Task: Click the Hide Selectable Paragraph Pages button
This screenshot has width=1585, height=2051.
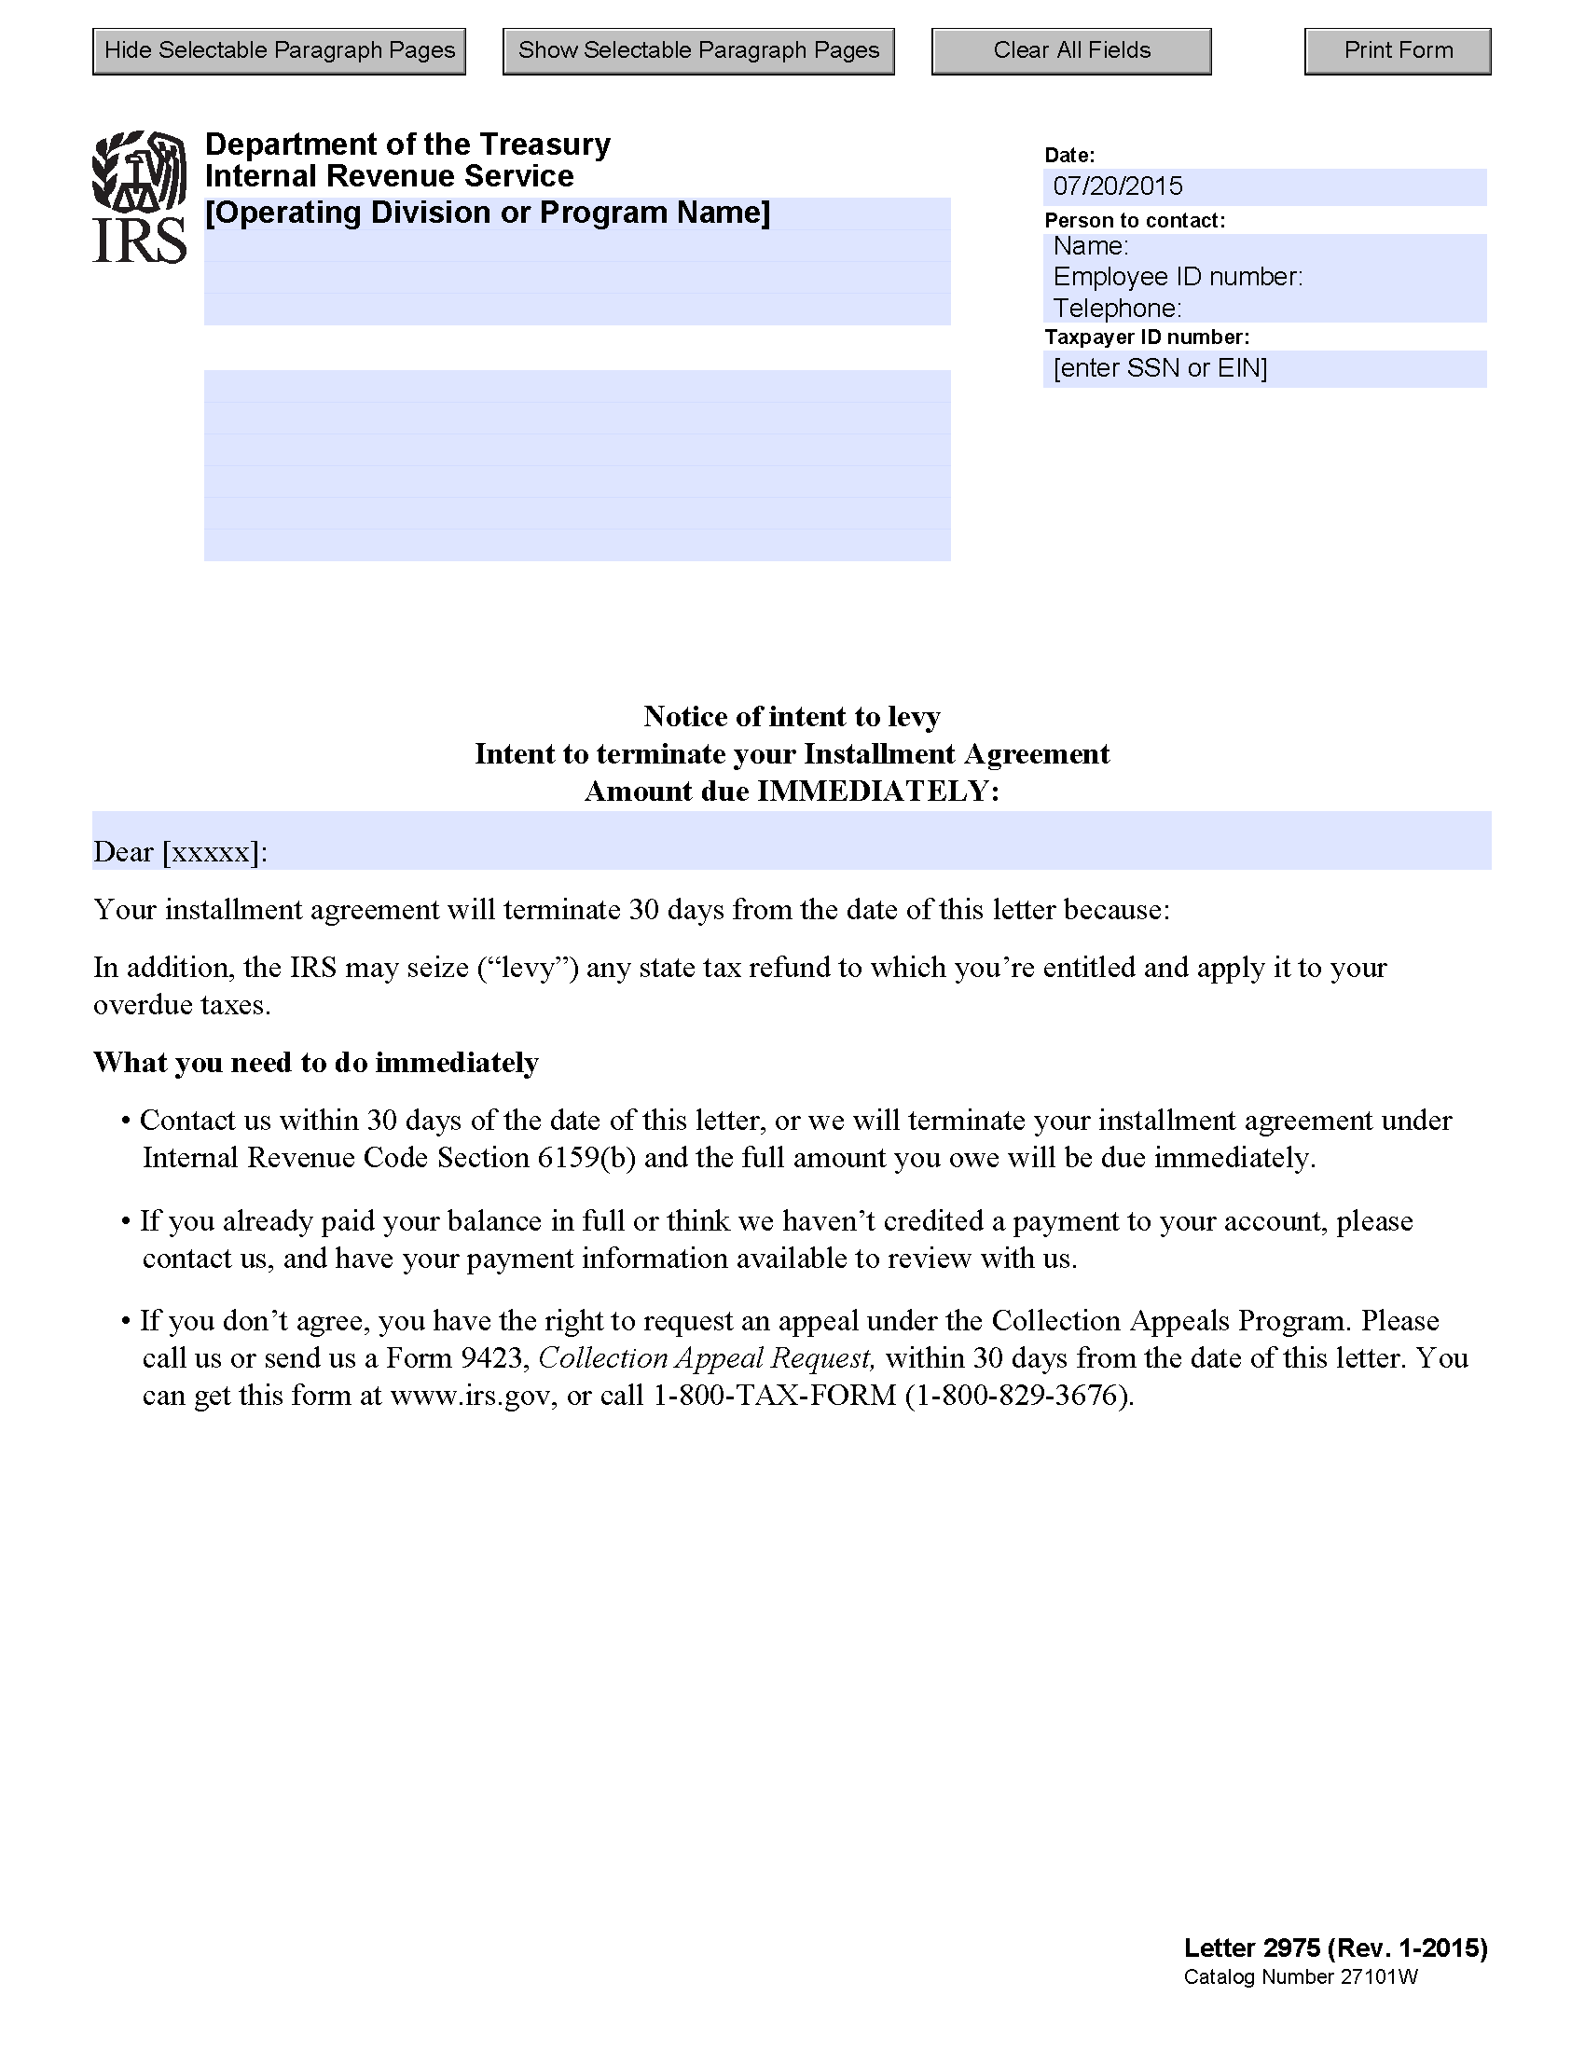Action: (x=279, y=50)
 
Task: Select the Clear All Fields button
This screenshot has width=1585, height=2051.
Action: (x=1070, y=50)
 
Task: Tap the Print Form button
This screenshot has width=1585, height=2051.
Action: (x=1398, y=50)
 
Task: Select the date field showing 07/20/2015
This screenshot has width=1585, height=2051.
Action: (x=1264, y=186)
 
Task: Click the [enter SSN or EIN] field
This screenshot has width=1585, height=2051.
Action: (x=1264, y=368)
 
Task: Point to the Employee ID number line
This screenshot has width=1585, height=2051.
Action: (x=1178, y=277)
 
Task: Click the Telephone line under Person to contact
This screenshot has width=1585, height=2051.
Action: (x=1117, y=308)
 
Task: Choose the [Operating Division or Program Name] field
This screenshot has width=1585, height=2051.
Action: (x=488, y=213)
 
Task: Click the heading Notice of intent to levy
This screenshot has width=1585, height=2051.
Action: (x=792, y=717)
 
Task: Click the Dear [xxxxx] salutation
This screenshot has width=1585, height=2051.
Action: (x=180, y=852)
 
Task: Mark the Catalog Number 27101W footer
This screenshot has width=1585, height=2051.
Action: (x=1300, y=1976)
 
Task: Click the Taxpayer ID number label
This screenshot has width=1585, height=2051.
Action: (x=1147, y=337)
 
